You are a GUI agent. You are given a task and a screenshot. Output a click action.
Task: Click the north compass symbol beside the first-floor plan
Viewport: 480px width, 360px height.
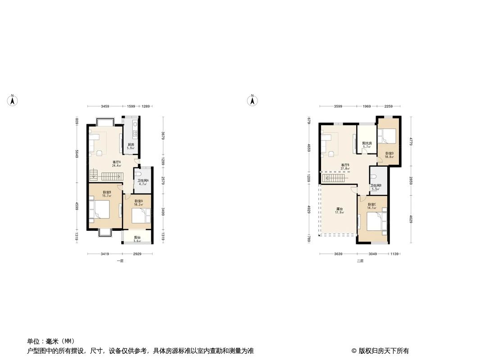point(13,101)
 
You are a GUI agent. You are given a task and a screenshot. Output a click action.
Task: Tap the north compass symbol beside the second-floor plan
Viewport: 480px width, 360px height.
point(253,101)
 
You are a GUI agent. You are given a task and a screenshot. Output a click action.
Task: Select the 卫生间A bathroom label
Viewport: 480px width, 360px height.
point(143,182)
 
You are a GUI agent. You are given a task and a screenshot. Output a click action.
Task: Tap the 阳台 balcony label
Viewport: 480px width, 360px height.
point(137,239)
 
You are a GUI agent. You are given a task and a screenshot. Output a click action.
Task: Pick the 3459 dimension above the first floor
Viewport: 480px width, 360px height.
point(104,107)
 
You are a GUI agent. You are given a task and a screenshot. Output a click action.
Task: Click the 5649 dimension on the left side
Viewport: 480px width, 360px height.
point(77,153)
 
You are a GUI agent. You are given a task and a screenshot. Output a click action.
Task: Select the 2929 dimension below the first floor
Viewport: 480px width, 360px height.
point(137,254)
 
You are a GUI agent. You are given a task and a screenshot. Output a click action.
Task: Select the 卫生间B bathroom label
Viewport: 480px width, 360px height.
point(376,187)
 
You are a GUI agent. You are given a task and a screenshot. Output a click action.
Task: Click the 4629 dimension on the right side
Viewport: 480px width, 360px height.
point(411,219)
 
